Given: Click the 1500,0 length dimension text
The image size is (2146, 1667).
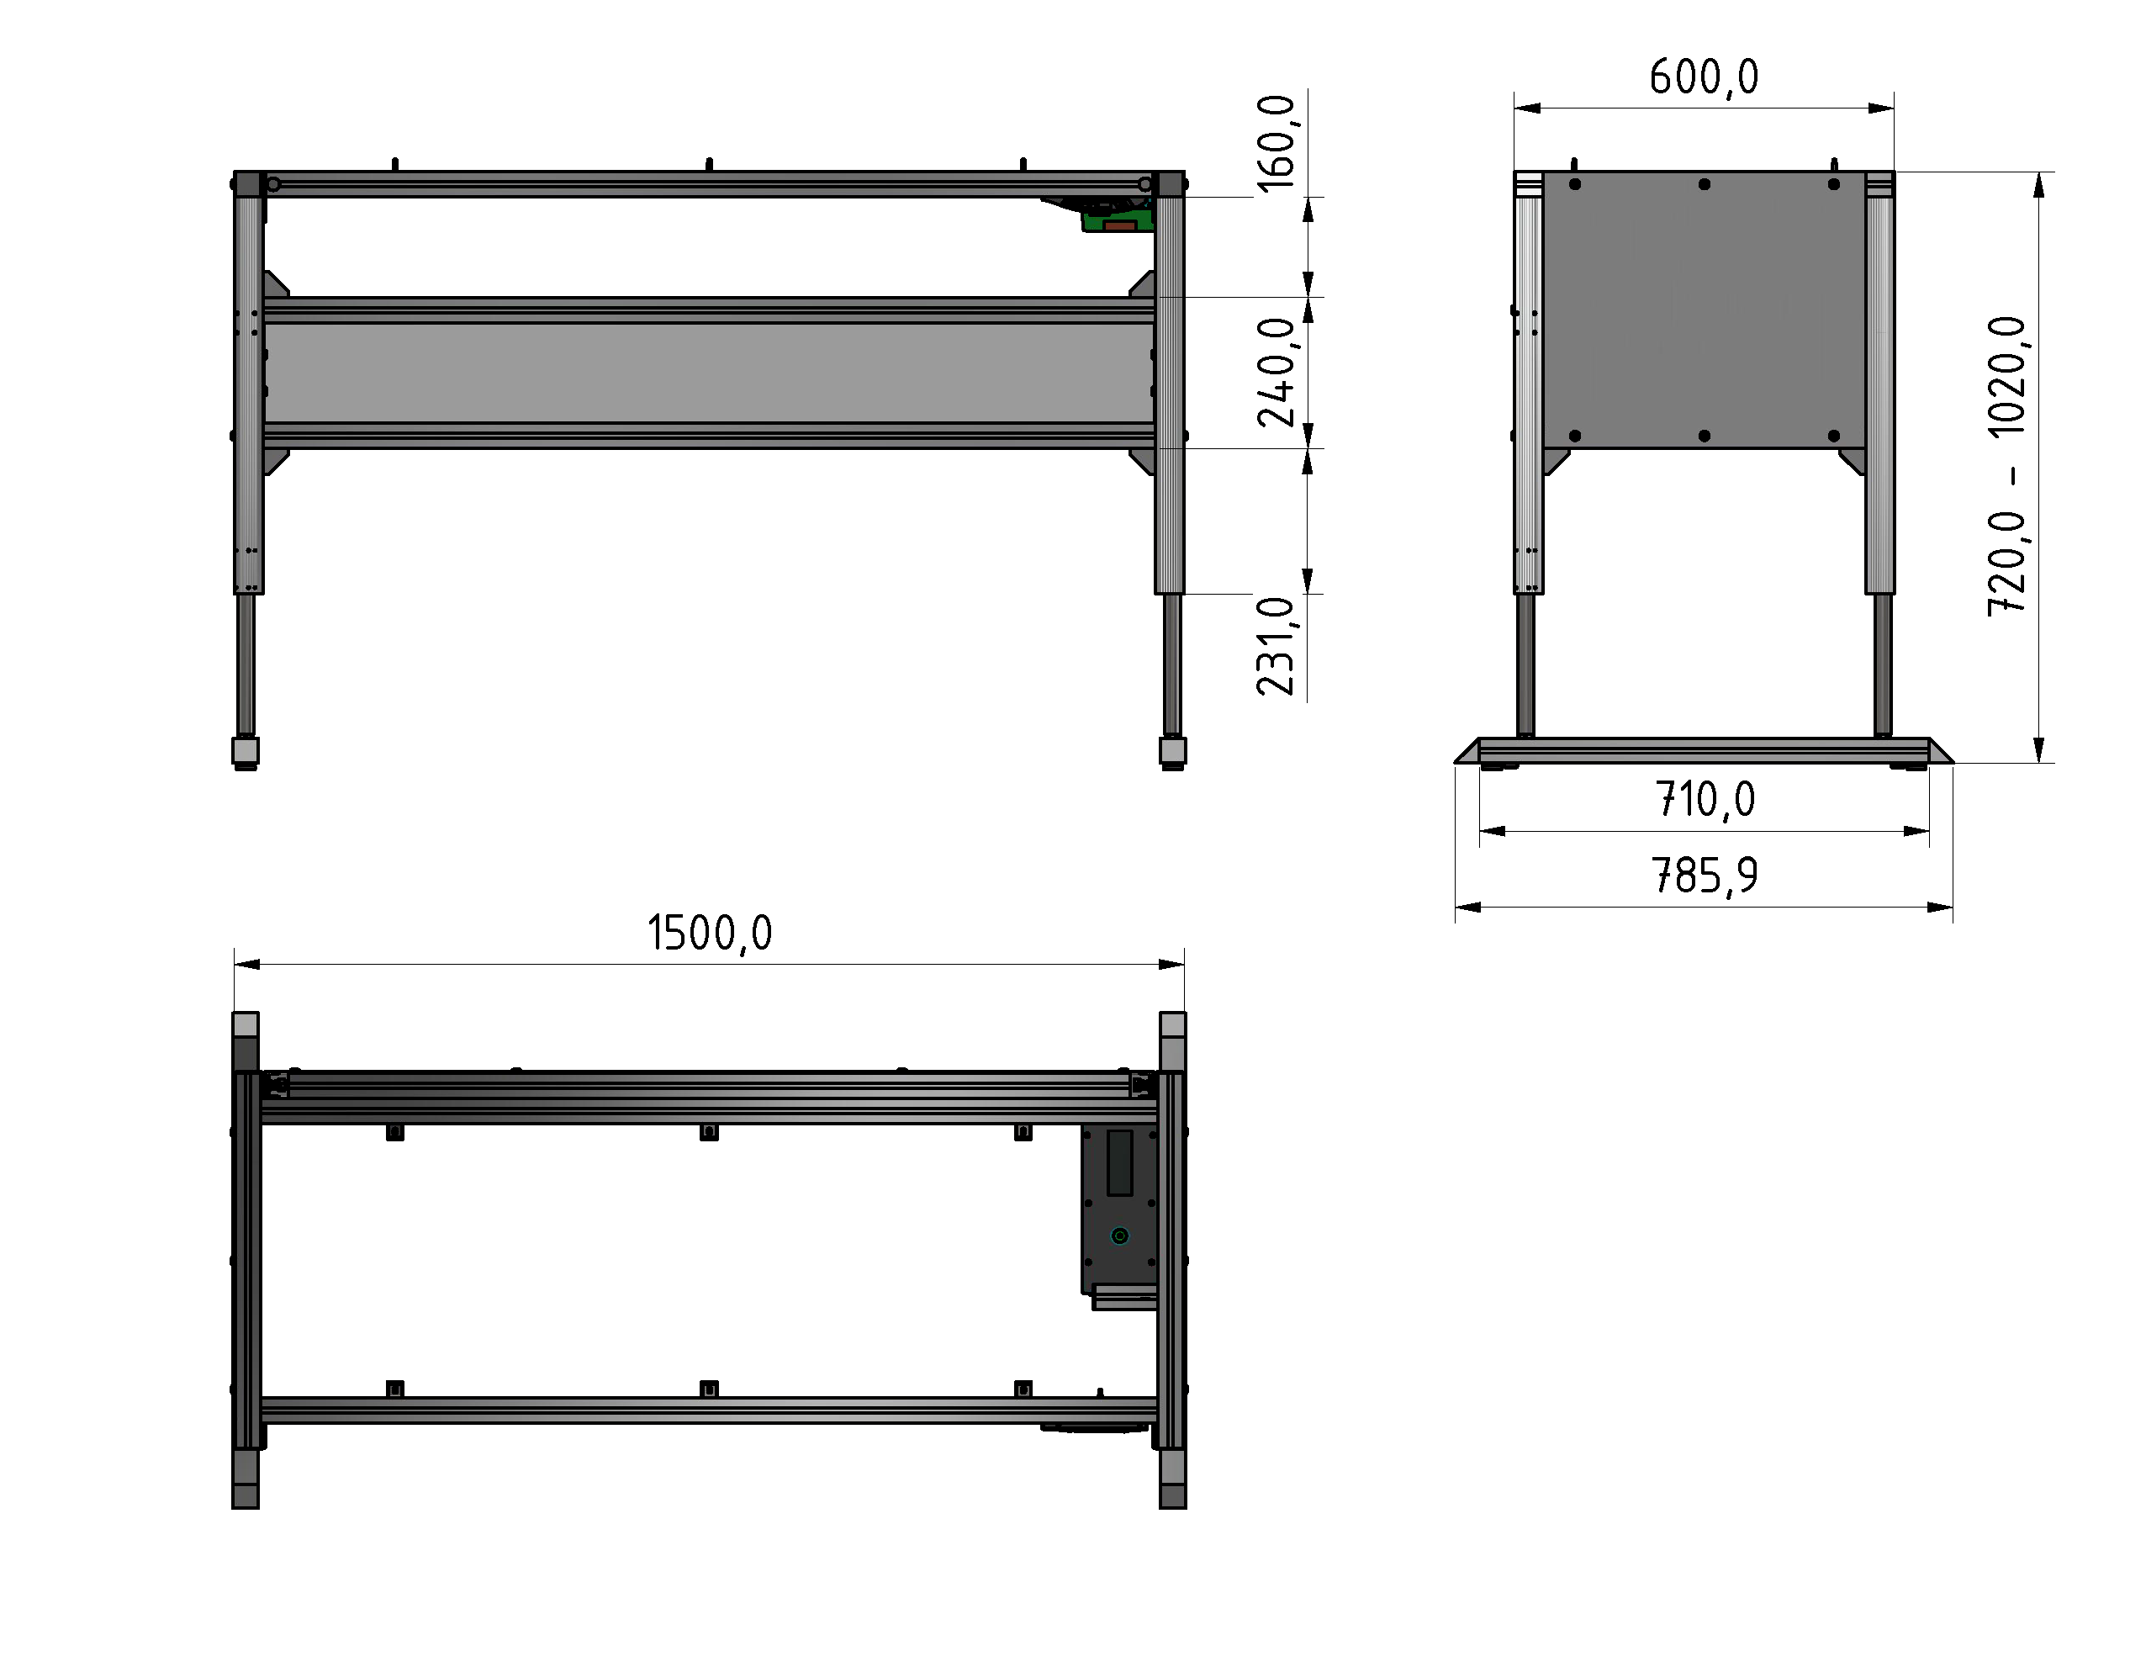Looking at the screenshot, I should pos(710,933).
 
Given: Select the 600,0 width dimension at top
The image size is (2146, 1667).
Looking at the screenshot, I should pos(1704,77).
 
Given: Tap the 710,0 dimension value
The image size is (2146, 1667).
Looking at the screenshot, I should pos(1705,799).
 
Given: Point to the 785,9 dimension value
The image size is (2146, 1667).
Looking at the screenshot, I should pos(1704,875).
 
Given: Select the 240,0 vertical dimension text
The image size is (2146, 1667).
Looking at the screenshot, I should pos(1276,372).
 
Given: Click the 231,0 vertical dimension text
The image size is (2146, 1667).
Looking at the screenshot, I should pos(1276,646).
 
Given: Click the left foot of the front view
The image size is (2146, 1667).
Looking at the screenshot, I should pos(246,752).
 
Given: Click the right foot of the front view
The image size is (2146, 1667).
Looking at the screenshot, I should pos(1172,752).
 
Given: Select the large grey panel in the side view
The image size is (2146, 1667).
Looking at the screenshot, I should pos(1704,310).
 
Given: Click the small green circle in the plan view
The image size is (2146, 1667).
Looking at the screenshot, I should pos(1119,1236).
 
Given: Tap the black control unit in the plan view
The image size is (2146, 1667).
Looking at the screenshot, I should pos(1119,1209).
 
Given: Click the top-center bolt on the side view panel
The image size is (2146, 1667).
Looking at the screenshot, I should pos(1704,184).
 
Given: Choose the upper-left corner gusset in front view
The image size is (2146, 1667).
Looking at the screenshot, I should pos(276,284).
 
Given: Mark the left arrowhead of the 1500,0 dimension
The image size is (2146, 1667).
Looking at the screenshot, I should pos(246,964).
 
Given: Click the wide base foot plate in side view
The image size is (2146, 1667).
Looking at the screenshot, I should pos(1704,751).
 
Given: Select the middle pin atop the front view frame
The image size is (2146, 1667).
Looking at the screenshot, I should pos(710,163).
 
